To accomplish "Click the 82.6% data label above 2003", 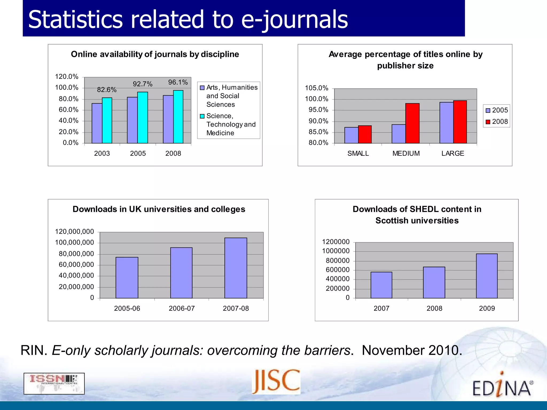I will click(x=107, y=90).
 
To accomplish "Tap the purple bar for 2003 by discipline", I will click(x=97, y=123).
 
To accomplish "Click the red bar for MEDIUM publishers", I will click(x=412, y=123).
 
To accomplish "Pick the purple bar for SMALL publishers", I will click(x=351, y=135).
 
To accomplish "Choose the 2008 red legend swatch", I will click(x=488, y=122).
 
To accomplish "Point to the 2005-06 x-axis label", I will click(x=127, y=308).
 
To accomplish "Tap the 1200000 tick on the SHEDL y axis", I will click(x=336, y=242).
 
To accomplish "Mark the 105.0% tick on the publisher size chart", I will click(x=317, y=88).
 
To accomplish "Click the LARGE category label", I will click(x=453, y=153).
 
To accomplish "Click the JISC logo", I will click(x=276, y=381).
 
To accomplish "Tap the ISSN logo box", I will click(x=54, y=384).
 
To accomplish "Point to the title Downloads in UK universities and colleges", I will click(x=159, y=209).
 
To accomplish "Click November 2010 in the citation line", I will click(x=412, y=350).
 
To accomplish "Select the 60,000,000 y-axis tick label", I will click(x=76, y=265).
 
